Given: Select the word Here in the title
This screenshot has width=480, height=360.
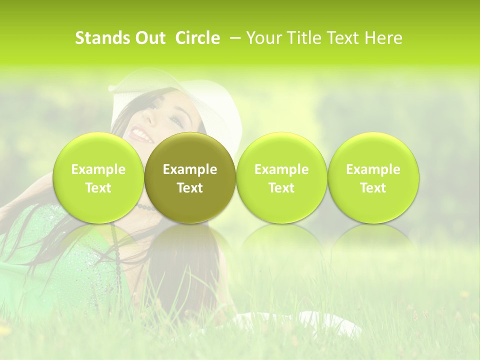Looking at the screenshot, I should coord(383,38).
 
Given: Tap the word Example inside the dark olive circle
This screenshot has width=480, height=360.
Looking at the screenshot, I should coord(190,169).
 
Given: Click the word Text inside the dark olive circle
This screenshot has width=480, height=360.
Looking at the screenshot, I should coord(190,188).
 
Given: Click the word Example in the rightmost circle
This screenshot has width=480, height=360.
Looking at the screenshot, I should coord(373,169).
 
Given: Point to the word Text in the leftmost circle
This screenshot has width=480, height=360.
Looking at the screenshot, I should coord(98,188).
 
